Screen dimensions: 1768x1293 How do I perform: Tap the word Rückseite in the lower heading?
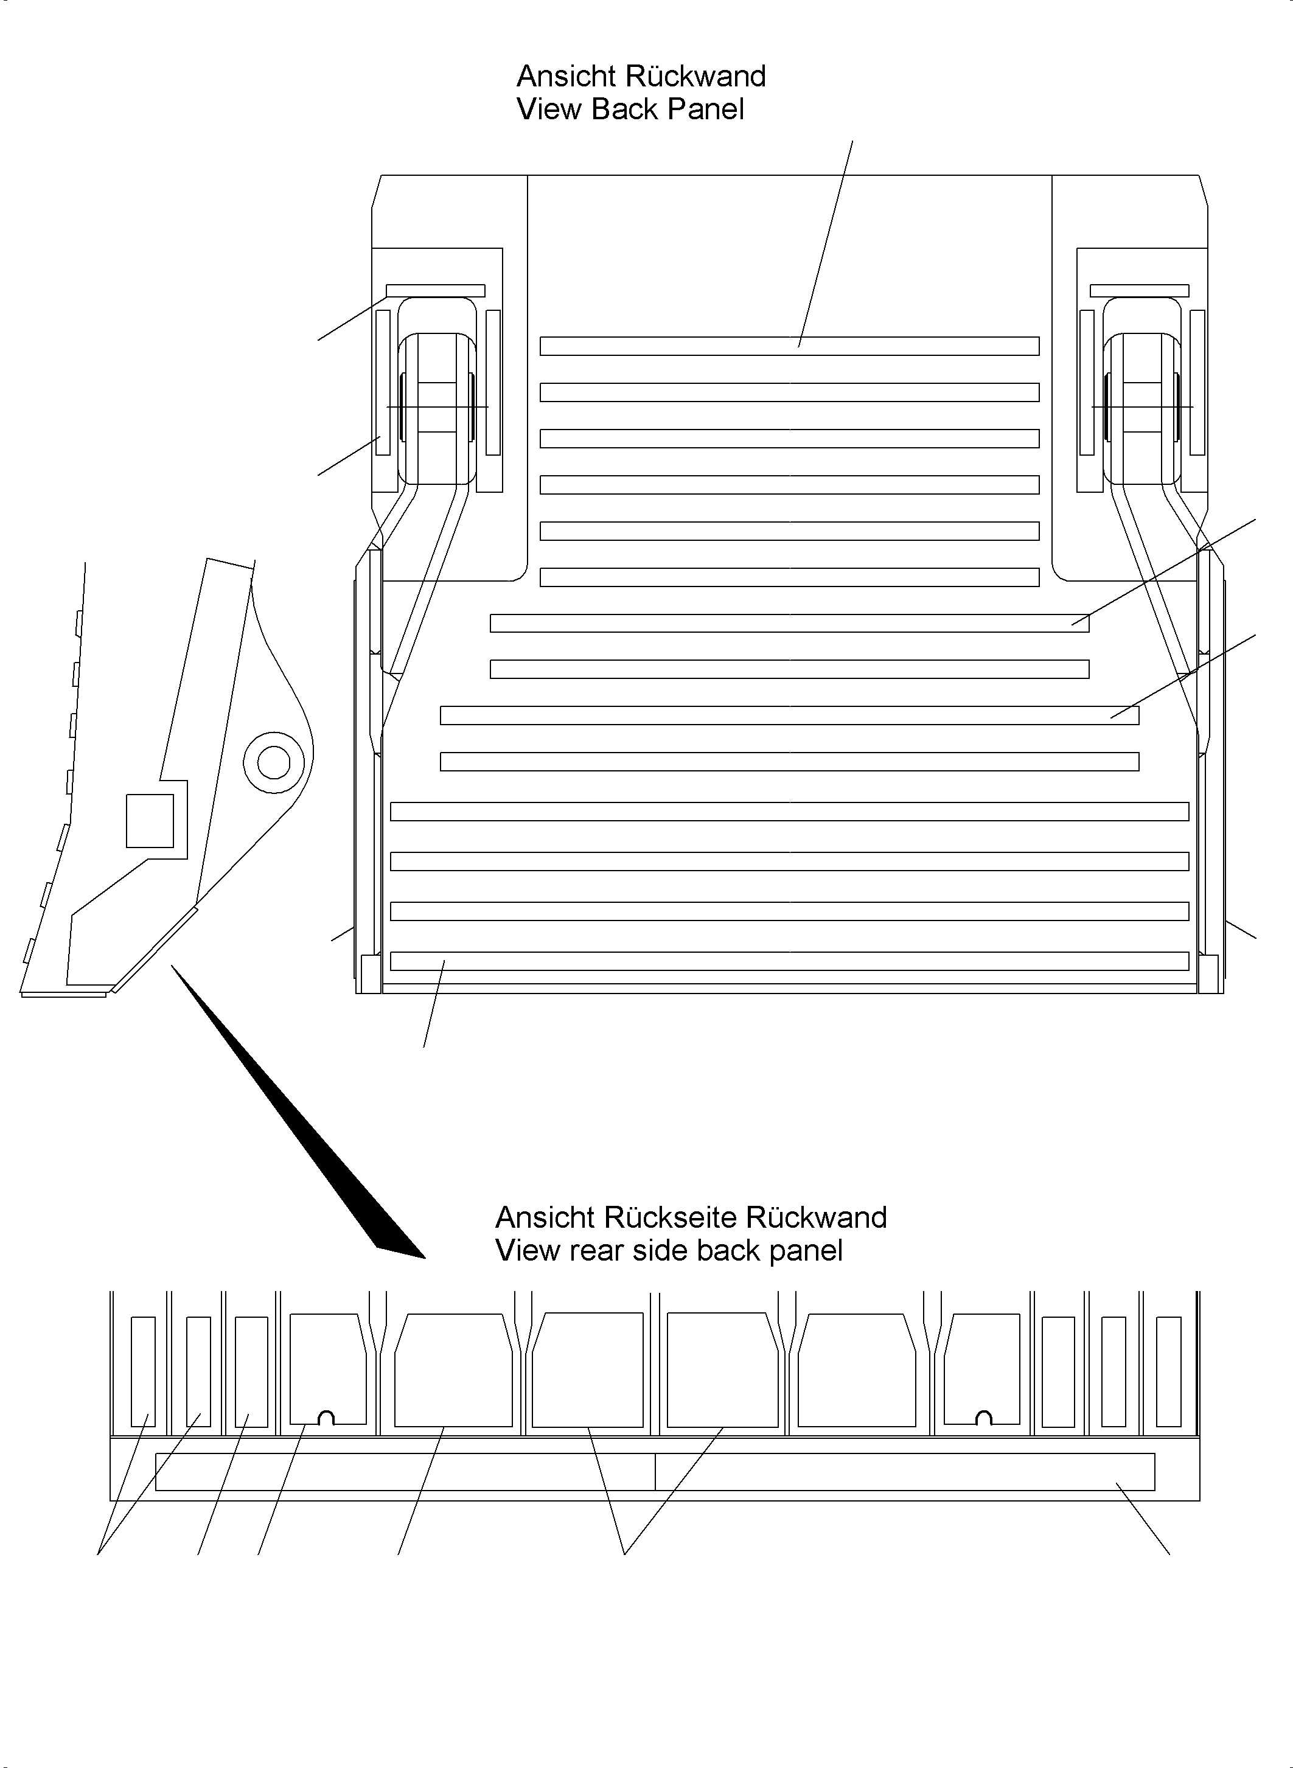670,1218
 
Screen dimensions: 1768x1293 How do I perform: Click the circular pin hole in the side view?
273,762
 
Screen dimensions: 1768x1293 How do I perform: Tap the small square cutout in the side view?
150,820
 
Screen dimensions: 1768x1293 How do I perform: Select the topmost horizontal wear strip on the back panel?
789,346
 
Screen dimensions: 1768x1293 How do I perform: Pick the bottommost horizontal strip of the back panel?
789,961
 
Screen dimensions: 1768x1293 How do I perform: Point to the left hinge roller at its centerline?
437,407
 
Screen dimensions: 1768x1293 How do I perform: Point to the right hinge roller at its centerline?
1142,407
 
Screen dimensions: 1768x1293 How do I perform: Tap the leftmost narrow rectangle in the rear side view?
142,1372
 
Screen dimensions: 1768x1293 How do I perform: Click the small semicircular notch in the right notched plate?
985,1418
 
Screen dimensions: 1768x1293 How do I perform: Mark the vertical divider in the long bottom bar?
655,1472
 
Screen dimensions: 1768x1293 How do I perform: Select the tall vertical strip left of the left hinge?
383,382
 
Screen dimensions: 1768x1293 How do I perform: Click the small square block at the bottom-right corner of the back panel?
1208,973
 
